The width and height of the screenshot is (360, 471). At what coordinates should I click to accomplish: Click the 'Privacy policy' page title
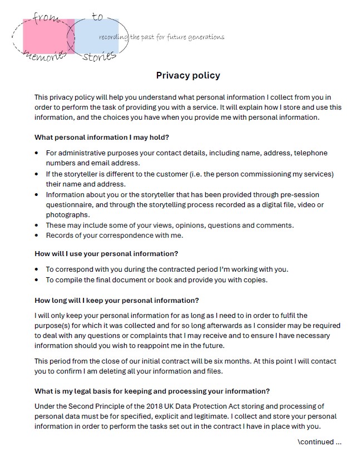188,76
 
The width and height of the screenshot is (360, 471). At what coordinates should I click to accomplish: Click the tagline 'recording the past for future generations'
161,37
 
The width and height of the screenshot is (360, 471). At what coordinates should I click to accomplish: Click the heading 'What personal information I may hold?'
102,138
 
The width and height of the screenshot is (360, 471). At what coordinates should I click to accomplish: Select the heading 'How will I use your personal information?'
106,253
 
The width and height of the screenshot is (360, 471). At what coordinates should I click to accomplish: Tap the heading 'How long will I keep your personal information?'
116,300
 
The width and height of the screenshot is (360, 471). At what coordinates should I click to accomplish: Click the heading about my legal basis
152,390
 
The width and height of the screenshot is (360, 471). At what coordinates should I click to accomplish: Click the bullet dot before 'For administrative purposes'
37,153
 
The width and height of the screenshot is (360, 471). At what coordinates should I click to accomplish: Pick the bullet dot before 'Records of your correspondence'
37,235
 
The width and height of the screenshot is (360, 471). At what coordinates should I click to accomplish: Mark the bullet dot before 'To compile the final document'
37,280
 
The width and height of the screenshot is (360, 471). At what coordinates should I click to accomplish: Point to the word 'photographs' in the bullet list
67,215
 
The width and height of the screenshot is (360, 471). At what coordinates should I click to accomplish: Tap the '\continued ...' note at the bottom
319,442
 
